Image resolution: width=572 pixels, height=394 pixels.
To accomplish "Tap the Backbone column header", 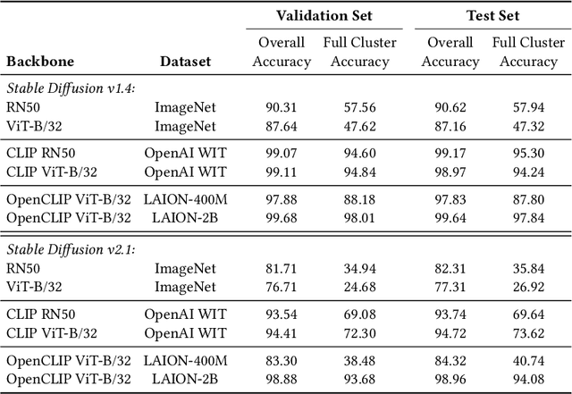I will click(40, 62).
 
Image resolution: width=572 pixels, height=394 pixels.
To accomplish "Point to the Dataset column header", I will click(185, 62).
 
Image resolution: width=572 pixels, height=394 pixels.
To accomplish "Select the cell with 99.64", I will click(450, 216).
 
